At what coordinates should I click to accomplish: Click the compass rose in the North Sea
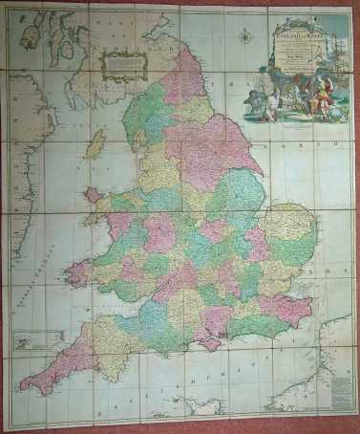246,37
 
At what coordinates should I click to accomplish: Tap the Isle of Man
95,145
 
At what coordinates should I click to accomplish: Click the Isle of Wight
211,342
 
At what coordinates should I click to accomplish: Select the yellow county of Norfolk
288,223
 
